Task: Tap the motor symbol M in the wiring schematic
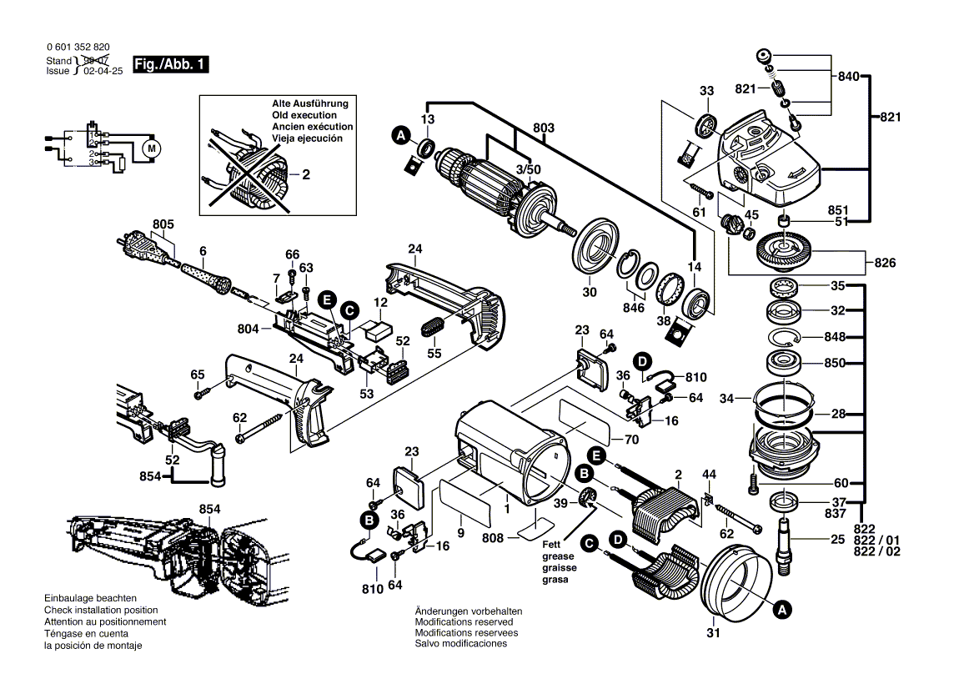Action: point(151,149)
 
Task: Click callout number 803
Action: point(544,128)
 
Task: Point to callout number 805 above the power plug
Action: point(163,224)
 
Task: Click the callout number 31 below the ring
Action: point(712,633)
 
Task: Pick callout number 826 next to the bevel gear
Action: point(885,264)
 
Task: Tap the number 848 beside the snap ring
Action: point(834,338)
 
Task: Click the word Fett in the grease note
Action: point(553,544)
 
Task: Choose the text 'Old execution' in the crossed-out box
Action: point(304,115)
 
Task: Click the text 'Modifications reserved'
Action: point(464,622)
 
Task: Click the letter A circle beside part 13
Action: point(401,134)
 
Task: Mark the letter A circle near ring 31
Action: point(781,610)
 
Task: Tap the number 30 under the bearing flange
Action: point(590,292)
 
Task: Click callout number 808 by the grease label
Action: point(493,539)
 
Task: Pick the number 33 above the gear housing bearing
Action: point(706,91)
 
